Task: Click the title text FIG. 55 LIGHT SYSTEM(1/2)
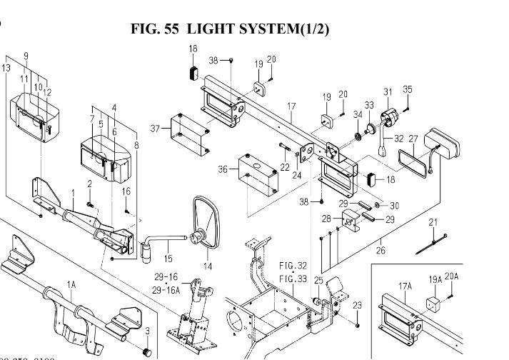click(x=231, y=29)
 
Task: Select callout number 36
click(x=223, y=169)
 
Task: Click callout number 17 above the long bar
click(x=291, y=107)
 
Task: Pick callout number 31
click(x=388, y=91)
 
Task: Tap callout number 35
click(x=408, y=89)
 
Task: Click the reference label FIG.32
click(x=293, y=265)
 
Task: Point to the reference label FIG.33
click(x=293, y=278)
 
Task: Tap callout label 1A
click(x=71, y=284)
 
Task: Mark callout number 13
click(x=6, y=68)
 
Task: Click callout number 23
click(x=358, y=306)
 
